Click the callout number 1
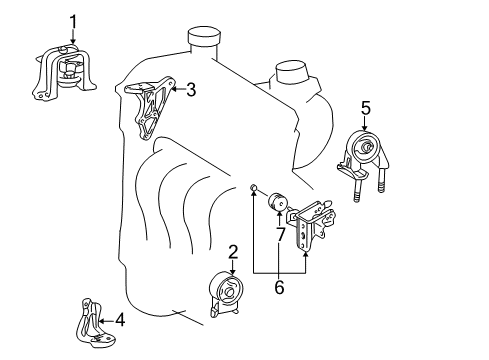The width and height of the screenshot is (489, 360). [x=73, y=22]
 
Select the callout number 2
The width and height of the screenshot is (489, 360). [x=233, y=252]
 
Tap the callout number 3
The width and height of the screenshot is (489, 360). [x=191, y=89]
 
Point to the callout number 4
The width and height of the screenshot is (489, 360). [x=120, y=320]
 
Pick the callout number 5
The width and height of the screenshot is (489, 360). [x=366, y=108]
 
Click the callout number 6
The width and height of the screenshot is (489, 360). [x=279, y=287]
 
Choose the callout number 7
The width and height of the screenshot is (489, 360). [x=280, y=235]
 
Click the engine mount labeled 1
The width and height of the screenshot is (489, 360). [x=63, y=72]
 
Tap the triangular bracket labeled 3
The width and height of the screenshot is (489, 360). [x=149, y=107]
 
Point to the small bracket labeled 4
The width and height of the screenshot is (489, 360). [x=93, y=324]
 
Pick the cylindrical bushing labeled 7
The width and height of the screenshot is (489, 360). [x=278, y=202]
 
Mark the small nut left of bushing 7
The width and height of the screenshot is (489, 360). [x=253, y=188]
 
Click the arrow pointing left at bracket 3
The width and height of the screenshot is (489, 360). [x=178, y=89]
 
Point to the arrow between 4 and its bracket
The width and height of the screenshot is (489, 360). [x=107, y=321]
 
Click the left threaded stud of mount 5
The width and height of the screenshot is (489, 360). [x=356, y=190]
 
